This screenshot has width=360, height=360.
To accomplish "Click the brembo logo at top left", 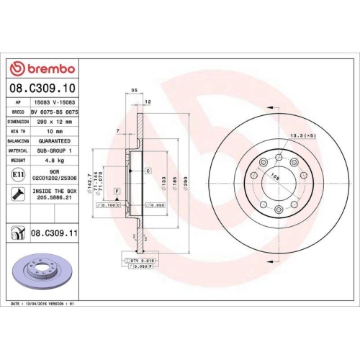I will (x=41, y=68).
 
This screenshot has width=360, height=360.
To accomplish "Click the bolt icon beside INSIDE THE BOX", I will (x=16, y=193).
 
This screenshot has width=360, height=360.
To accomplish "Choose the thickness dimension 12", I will (x=148, y=102).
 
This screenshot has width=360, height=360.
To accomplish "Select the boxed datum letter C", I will (x=148, y=171).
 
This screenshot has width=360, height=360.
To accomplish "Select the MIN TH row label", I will (x=17, y=132).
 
